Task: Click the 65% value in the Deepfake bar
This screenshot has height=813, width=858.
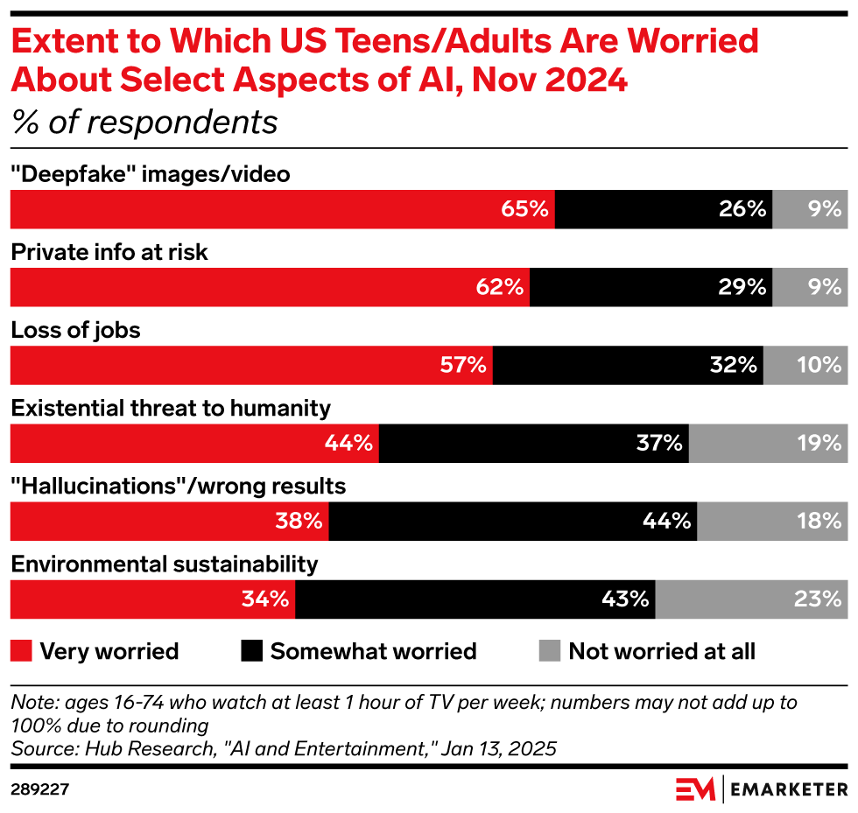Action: (x=524, y=209)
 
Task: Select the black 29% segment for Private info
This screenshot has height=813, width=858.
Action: (x=651, y=287)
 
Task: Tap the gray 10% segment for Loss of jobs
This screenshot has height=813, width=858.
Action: (x=805, y=365)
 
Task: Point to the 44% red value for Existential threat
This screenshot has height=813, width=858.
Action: (x=349, y=444)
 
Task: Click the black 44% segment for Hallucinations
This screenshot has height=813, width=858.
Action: (x=512, y=522)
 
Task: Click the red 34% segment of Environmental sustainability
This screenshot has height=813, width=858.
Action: (x=152, y=599)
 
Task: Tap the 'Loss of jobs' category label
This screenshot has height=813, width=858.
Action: (x=75, y=331)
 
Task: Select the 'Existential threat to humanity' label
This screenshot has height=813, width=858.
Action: (x=170, y=409)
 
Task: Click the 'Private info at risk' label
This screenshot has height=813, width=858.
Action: (x=109, y=253)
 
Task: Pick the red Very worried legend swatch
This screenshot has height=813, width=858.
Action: (x=21, y=651)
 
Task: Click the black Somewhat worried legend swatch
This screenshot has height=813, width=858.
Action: (x=251, y=651)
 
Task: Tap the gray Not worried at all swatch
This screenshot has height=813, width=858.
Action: (x=549, y=651)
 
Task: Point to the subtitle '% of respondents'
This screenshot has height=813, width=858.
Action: (x=144, y=123)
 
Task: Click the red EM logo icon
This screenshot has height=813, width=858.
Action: (x=695, y=789)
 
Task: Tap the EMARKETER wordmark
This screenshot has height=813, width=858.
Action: (x=788, y=789)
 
